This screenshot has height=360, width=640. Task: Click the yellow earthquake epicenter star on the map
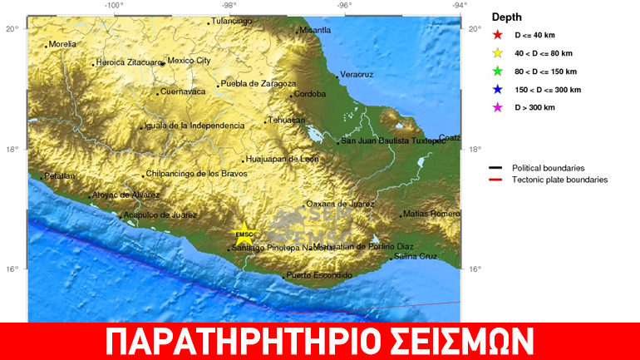pyautogui.click(x=243, y=234)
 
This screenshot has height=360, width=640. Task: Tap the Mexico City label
pyautogui.click(x=190, y=61)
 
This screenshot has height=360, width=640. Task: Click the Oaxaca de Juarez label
pyautogui.click(x=341, y=204)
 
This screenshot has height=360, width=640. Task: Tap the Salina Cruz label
pyautogui.click(x=415, y=257)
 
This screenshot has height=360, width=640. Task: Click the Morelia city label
pyautogui.click(x=62, y=44)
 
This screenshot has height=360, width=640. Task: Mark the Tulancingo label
pyautogui.click(x=232, y=21)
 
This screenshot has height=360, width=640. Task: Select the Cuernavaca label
pyautogui.click(x=182, y=91)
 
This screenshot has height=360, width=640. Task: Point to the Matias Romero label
pyautogui.click(x=432, y=214)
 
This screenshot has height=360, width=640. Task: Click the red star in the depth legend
pyautogui.click(x=498, y=35)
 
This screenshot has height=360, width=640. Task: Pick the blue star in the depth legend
pyautogui.click(x=498, y=90)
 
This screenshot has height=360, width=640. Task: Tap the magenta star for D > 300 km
pyautogui.click(x=498, y=107)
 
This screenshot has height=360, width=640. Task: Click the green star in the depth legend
pyautogui.click(x=498, y=72)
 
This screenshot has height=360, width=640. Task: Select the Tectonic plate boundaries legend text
pyautogui.click(x=559, y=180)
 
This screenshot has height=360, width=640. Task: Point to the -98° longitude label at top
pyautogui.click(x=229, y=5)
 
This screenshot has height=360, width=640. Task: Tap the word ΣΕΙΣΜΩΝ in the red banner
pyautogui.click(x=453, y=342)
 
